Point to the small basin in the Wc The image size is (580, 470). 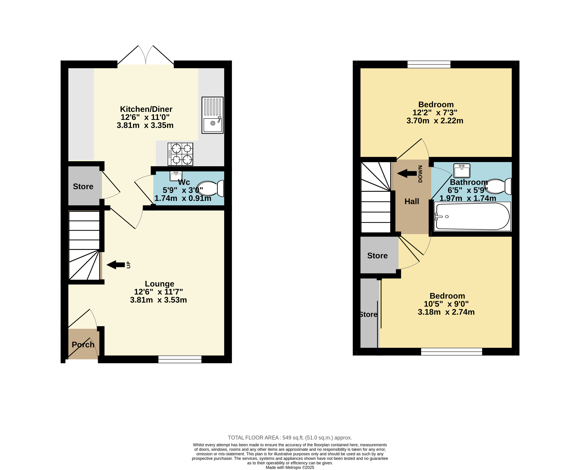pyautogui.click(x=176, y=176)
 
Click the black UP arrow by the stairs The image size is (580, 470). pyautogui.click(x=116, y=265)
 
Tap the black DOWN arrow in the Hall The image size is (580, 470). pyautogui.click(x=407, y=173)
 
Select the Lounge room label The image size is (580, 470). pyautogui.click(x=160, y=284)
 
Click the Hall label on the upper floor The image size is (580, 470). pyautogui.click(x=412, y=201)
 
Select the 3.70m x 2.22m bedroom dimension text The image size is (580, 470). pyautogui.click(x=435, y=121)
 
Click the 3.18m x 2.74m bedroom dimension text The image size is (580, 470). pyautogui.click(x=446, y=312)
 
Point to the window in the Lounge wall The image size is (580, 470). pyautogui.click(x=180, y=359)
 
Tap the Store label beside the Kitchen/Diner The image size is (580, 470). pyautogui.click(x=83, y=187)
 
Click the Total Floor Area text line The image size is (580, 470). pyautogui.click(x=290, y=438)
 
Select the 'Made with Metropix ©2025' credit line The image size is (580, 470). pyautogui.click(x=290, y=468)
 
